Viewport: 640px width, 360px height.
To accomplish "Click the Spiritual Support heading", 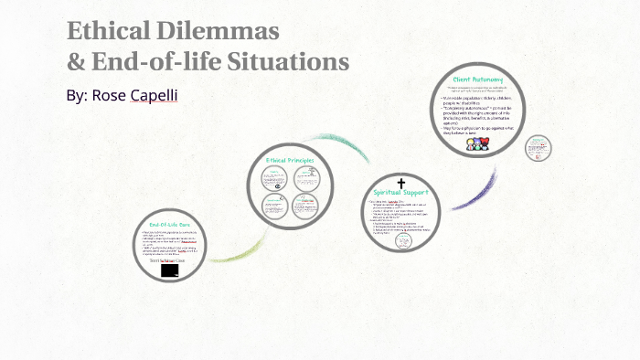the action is point(400,192).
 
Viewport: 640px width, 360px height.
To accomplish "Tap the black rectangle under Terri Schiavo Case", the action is point(170,271).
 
